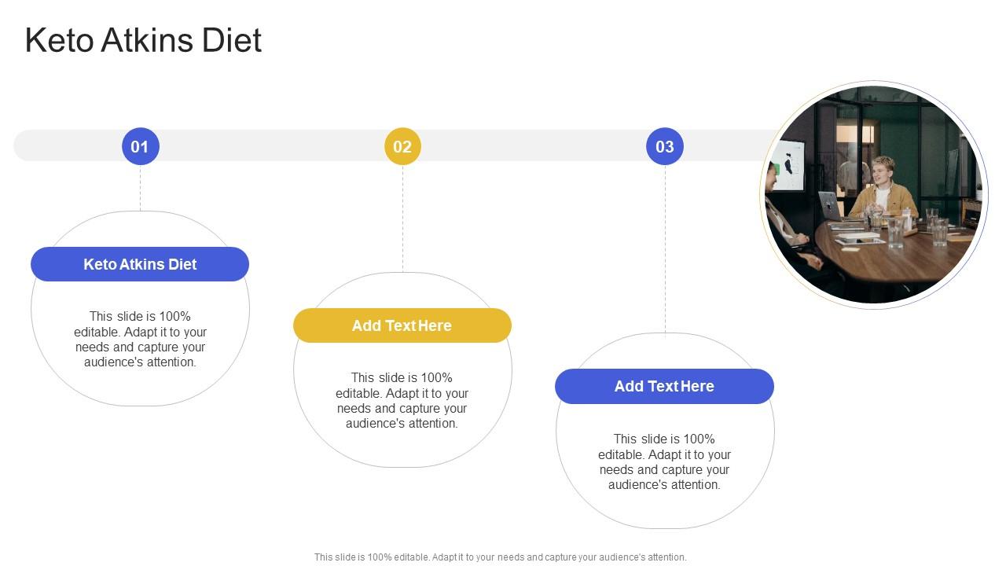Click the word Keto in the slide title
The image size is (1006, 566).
coord(58,41)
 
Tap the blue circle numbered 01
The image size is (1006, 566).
coord(140,146)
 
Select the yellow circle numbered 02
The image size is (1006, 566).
coord(402,146)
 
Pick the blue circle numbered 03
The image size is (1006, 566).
coord(665,146)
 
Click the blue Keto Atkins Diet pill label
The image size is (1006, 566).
coord(140,264)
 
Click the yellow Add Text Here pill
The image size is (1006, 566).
coord(402,325)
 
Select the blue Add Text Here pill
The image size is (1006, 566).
coord(664,386)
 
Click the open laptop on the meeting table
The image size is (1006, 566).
coord(829,206)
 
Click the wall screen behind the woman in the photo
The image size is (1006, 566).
coord(789,165)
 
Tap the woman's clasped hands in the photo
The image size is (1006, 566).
coord(800,237)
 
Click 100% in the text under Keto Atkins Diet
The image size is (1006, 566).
coord(174,317)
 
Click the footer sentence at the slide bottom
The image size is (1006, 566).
coord(501,557)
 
